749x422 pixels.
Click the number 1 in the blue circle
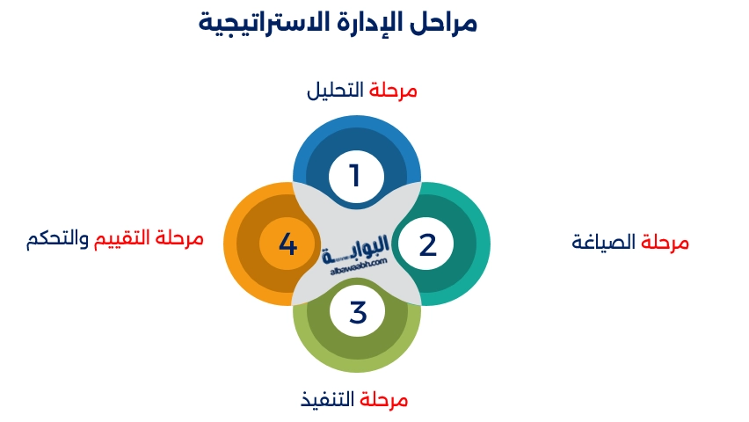coord(355,176)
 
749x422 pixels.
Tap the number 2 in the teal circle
coord(427,244)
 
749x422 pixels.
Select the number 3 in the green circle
coord(357,312)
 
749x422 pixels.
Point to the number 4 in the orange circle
coord(288,244)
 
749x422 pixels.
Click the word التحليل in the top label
coord(335,91)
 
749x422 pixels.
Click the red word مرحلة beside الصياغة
coord(665,243)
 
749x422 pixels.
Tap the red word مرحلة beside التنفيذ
coord(384,400)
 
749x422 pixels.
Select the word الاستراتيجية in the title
coord(265,23)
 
